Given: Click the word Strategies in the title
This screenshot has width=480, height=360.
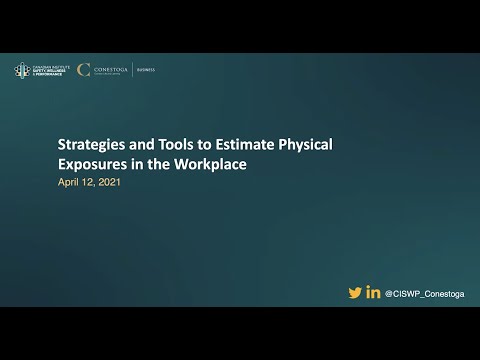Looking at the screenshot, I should point(87,145).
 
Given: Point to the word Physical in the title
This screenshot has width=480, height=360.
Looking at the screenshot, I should point(303,145).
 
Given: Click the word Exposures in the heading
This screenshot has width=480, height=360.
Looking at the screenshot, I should point(91,164).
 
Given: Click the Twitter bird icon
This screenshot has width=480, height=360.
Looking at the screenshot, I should point(355,292).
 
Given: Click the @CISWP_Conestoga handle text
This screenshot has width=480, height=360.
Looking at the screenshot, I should point(424,293).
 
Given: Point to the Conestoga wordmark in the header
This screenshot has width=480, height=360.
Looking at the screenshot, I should point(109,69).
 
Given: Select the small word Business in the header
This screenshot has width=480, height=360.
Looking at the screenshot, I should point(145,70).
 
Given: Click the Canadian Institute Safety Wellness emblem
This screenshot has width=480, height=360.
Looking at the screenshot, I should point(21,70).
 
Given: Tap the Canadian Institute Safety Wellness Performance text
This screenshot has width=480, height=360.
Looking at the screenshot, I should point(47,70).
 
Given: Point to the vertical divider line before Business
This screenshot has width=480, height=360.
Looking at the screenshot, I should point(132,70).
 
